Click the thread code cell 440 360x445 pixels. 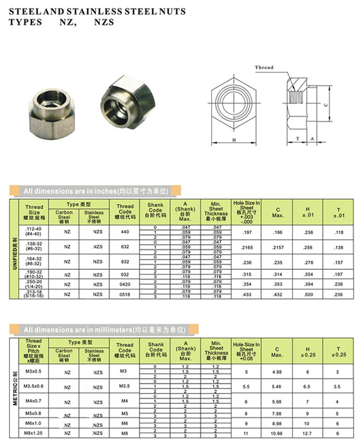[x=124, y=232]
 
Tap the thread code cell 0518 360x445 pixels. [x=124, y=295]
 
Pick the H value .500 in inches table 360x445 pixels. [x=307, y=295]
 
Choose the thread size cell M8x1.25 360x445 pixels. [x=33, y=433]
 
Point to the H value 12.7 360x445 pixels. [x=307, y=433]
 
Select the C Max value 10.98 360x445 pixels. [x=277, y=433]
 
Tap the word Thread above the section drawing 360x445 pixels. [x=264, y=67]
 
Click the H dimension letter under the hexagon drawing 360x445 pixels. [x=234, y=140]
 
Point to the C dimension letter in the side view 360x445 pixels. [x=326, y=105]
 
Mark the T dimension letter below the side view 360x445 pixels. [x=297, y=139]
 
